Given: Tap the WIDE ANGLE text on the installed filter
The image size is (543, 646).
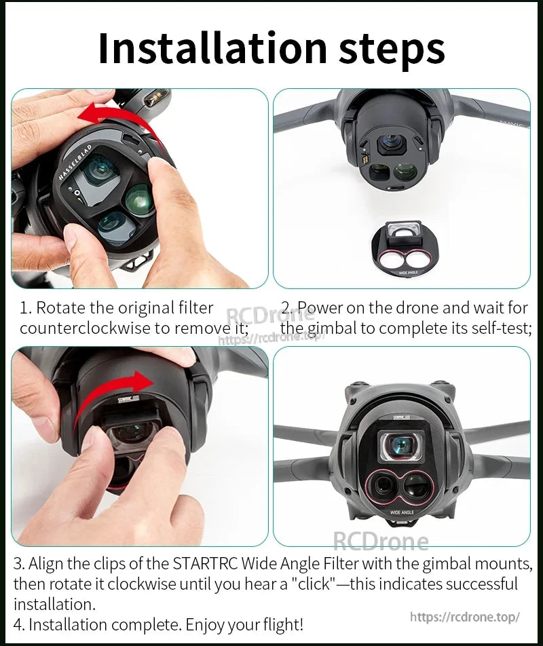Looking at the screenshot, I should pyautogui.click(x=402, y=512).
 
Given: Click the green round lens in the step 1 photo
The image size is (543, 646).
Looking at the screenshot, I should pyautogui.click(x=140, y=199).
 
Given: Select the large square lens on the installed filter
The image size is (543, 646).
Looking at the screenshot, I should pyautogui.click(x=402, y=445).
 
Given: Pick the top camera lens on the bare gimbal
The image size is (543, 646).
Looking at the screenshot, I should pyautogui.click(x=392, y=144).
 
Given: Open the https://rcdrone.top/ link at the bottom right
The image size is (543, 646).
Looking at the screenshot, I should pyautogui.click(x=465, y=617).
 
